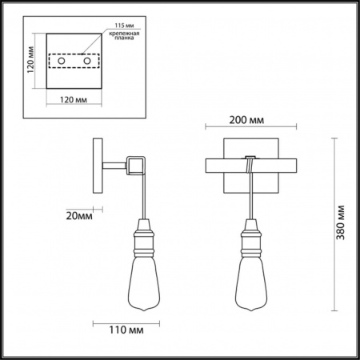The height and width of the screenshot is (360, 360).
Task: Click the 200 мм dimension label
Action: (x=246, y=121)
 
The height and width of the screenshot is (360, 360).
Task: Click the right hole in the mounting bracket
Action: (x=86, y=61)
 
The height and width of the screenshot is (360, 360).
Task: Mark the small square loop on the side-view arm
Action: (x=138, y=165)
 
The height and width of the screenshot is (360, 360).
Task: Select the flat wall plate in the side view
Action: (x=98, y=166)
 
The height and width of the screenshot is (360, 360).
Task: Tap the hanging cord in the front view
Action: (x=251, y=196)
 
